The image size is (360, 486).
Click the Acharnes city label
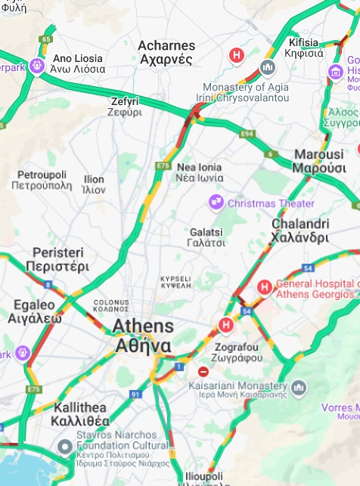click(x=166, y=53)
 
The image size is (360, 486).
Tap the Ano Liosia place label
click(x=78, y=63)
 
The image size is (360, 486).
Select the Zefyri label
click(x=125, y=107)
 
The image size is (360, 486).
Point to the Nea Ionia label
click(x=200, y=172)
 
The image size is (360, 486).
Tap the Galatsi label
click(x=206, y=237)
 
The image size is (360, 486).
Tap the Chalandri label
click(x=299, y=231)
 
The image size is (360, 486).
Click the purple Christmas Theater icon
click(x=216, y=203)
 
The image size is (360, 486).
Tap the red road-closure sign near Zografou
click(x=203, y=371)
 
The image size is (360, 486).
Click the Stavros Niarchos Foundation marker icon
click(x=65, y=445)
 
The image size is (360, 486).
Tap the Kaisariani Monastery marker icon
click(x=299, y=388)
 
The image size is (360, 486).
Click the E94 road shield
click(x=246, y=135)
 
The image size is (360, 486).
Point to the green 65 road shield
click(x=48, y=39)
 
